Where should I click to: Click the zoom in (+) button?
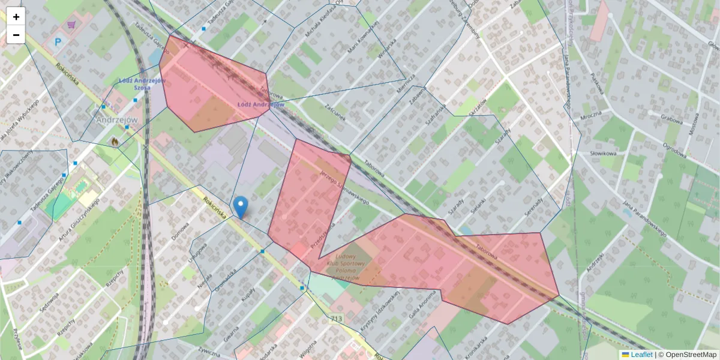click(x=16, y=17)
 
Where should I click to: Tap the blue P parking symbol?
click(x=58, y=42)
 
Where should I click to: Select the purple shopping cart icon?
click(x=72, y=25)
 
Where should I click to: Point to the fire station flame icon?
click(x=114, y=142)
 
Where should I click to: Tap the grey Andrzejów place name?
click(x=117, y=120)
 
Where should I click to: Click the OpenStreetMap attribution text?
click(x=691, y=355)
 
